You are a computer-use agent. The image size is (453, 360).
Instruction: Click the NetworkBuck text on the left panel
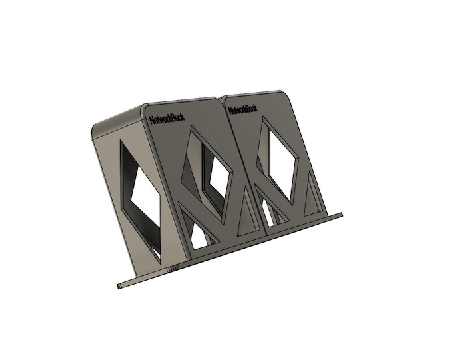[x=167, y=119]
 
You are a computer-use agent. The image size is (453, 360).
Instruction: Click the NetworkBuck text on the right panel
[x=242, y=109]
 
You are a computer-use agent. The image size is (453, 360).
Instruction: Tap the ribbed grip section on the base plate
[x=172, y=268]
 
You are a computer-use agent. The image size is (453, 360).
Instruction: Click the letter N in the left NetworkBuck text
[x=153, y=121]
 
